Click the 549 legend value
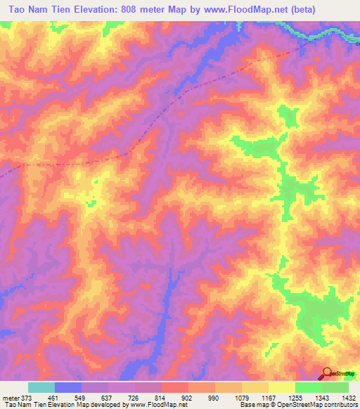click(x=82, y=398)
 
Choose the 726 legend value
click(x=135, y=398)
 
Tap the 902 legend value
click(x=188, y=398)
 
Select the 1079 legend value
click(x=242, y=398)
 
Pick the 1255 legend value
click(x=295, y=398)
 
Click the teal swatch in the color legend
click(x=41, y=387)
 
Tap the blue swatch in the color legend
click(x=68, y=387)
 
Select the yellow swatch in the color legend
click(x=282, y=387)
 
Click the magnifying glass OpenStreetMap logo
click(x=327, y=372)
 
